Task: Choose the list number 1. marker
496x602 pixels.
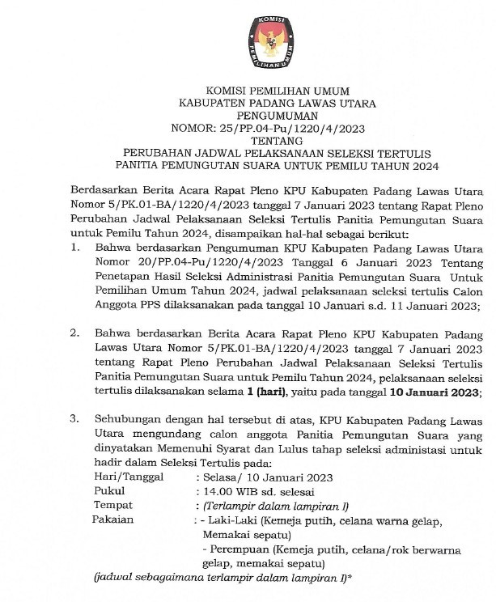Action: (75, 246)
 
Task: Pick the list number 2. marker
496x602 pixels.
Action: (75, 333)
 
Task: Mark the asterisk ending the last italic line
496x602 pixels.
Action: (350, 576)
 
